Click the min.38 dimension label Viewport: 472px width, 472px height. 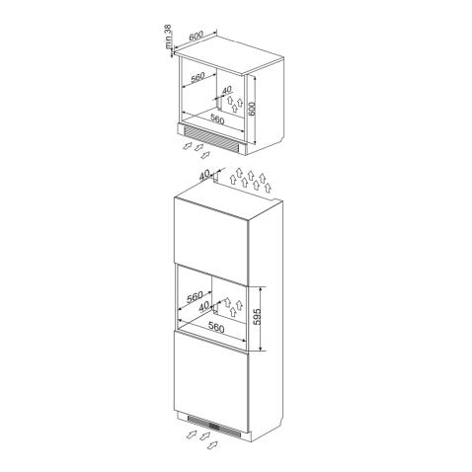[168, 37]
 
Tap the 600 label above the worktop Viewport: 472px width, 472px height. [197, 36]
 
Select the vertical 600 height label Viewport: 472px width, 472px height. [252, 109]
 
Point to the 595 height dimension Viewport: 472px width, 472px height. [257, 316]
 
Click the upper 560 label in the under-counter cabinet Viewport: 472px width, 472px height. [197, 77]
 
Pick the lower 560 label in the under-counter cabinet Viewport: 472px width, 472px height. [217, 119]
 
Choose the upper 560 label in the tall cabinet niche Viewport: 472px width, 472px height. [195, 297]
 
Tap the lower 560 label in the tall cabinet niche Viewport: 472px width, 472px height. [216, 327]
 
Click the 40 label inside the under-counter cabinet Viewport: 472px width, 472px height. [227, 90]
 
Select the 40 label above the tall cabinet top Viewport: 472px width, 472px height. [204, 176]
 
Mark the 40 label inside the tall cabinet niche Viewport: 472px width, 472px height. [204, 306]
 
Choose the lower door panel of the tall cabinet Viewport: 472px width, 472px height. [211, 381]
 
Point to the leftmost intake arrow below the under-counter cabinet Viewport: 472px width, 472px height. [187, 146]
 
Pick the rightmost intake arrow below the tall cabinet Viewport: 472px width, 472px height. [212, 445]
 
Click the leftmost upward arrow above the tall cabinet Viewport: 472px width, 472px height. [233, 180]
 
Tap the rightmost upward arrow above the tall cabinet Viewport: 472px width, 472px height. [268, 188]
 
